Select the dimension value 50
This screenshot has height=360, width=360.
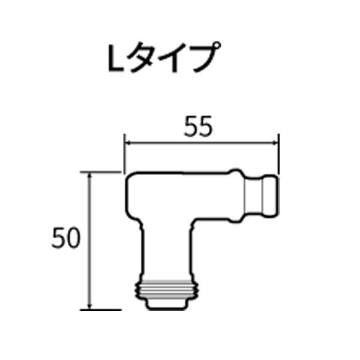click(65, 239)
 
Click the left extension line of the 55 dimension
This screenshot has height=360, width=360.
click(124, 153)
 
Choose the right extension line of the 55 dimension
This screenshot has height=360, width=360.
click(280, 153)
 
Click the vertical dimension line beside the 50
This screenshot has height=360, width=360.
click(90, 264)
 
